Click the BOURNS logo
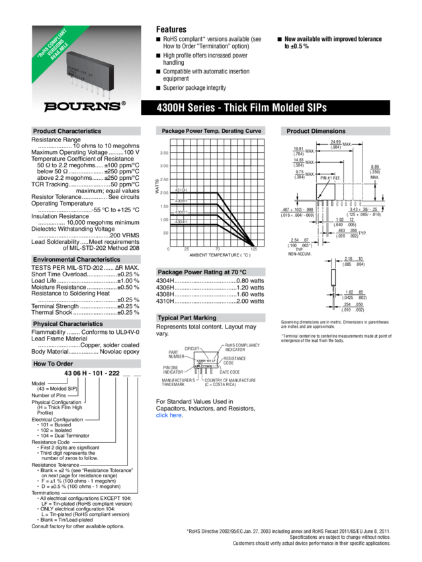[x=84, y=106]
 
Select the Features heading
[x=171, y=29]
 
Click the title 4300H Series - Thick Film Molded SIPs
[x=242, y=108]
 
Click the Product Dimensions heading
[x=316, y=132]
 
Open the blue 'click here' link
[x=169, y=416]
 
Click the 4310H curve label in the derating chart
[x=181, y=190]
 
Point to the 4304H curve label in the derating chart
[x=181, y=222]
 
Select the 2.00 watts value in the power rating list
[x=255, y=301]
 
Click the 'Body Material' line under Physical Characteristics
[x=86, y=352]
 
